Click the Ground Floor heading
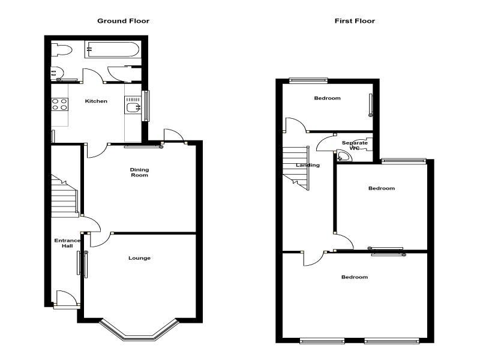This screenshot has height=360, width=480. tap(124, 21)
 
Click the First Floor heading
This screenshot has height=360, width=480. tap(355, 21)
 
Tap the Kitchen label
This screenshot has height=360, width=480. tap(96, 101)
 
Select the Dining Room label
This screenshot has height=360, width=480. tap(139, 172)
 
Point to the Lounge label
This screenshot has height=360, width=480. tap(139, 258)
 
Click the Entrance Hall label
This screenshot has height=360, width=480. tap(67, 243)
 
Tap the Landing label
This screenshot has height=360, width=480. tap(308, 165)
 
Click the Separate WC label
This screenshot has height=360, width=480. tap(355, 145)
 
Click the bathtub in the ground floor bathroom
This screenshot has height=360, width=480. tap(113, 49)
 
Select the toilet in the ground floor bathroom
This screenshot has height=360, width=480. tap(61, 50)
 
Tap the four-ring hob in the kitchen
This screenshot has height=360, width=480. tap(59, 104)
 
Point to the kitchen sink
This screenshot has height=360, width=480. tap(133, 104)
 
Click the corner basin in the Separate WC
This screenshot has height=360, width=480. tap(343, 155)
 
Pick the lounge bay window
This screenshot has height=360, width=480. tap(139, 331)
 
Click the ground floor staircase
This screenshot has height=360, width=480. tap(65, 196)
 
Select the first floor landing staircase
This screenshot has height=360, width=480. tap(296, 168)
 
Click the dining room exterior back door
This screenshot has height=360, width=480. tap(174, 136)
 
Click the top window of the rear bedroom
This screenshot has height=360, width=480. tap(308, 80)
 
